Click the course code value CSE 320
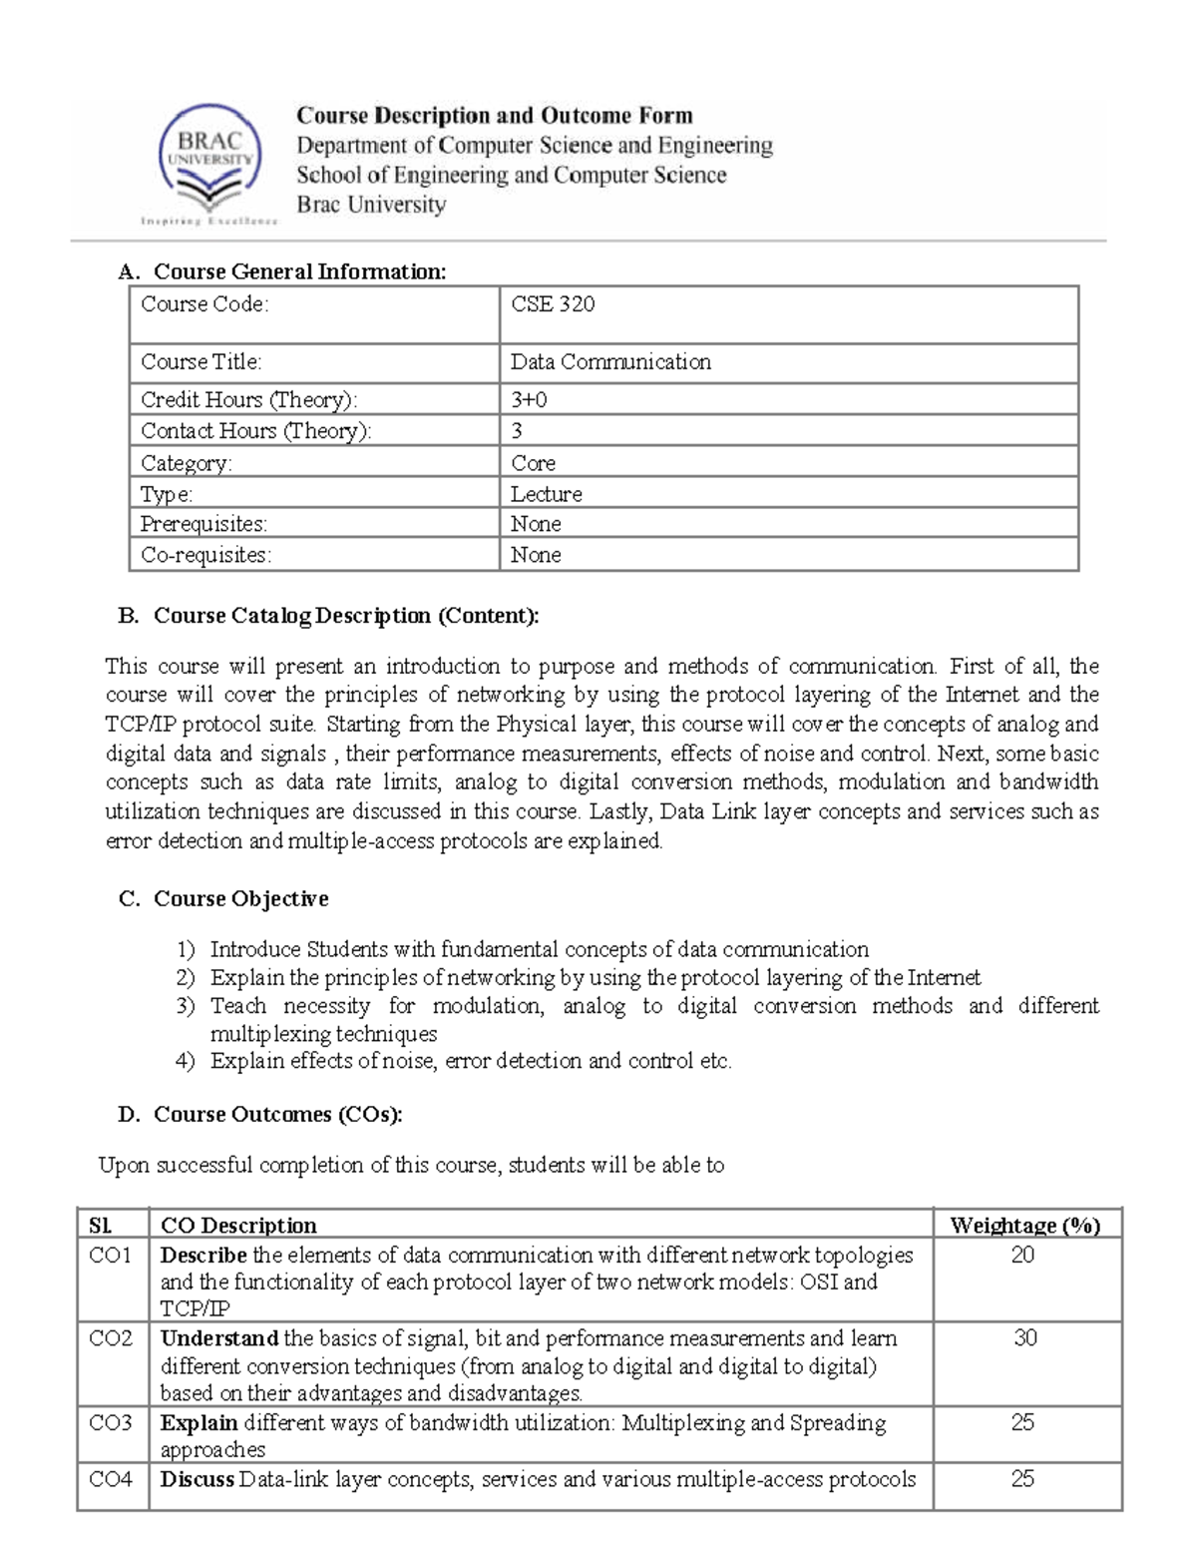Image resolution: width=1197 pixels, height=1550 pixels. [x=553, y=304]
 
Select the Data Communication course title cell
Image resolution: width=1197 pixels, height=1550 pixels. [x=610, y=362]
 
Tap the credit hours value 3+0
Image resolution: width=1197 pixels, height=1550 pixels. [x=529, y=400]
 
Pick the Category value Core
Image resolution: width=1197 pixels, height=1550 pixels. [x=533, y=463]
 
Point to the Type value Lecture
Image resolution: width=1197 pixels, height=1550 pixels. [x=546, y=494]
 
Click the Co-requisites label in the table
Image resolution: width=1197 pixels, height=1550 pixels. [x=205, y=555]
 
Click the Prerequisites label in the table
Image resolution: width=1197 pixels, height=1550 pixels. [x=203, y=524]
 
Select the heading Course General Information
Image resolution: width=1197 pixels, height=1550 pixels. [x=299, y=271]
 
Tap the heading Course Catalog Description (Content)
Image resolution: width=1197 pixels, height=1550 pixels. [x=345, y=616]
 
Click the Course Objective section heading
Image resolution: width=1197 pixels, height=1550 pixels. [x=240, y=899]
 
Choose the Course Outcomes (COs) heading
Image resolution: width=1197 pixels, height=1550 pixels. [x=277, y=1115]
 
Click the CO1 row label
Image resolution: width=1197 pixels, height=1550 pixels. [x=110, y=1256]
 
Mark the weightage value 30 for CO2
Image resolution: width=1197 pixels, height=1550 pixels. [x=1025, y=1338]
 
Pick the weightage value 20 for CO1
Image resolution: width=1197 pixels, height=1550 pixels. [x=1022, y=1256]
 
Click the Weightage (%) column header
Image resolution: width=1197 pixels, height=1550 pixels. [x=1024, y=1226]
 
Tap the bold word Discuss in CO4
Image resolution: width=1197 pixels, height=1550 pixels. [x=197, y=1479]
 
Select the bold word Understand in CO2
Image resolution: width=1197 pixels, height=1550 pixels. [x=218, y=1338]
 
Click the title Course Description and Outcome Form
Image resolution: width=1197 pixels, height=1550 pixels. [x=494, y=116]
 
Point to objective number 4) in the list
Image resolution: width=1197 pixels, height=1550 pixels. [x=185, y=1061]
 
